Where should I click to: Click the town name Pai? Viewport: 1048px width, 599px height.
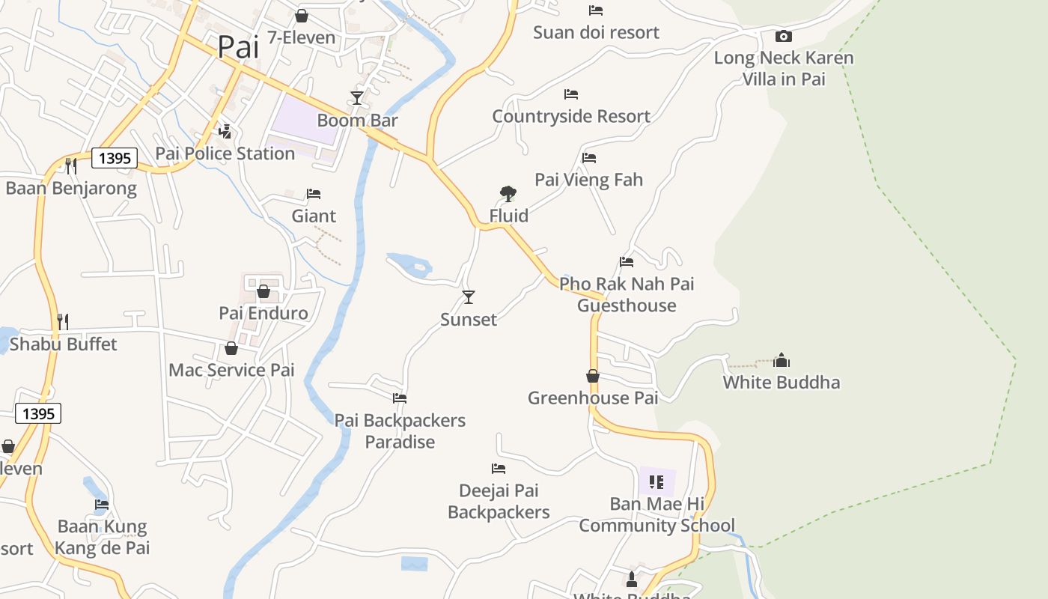(x=238, y=47)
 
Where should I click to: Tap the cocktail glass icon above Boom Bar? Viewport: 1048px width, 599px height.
(x=357, y=98)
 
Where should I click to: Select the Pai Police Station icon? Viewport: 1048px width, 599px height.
(x=225, y=133)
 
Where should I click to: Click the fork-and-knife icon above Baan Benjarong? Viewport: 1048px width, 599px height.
(x=71, y=165)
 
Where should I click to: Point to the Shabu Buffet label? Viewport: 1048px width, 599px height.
(x=64, y=344)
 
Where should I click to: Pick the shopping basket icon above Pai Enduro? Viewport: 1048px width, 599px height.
(x=263, y=291)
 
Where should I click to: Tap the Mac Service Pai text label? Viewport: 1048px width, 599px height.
(x=231, y=370)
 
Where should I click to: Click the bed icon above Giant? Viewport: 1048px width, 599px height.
(x=314, y=194)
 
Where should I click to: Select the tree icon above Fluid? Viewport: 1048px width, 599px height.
(x=508, y=194)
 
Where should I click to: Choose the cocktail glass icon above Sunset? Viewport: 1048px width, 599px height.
(x=469, y=297)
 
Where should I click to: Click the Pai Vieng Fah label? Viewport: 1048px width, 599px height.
(x=588, y=180)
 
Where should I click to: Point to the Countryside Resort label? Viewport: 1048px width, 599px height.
(x=571, y=117)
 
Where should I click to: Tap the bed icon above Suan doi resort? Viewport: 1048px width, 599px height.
(x=596, y=10)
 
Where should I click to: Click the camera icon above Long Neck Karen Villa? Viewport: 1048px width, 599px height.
(x=783, y=36)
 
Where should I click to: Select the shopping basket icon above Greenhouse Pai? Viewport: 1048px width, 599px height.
(x=593, y=376)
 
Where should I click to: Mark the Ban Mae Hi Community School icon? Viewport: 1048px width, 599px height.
(x=656, y=482)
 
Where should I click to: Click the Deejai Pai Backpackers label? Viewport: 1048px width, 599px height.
(x=499, y=502)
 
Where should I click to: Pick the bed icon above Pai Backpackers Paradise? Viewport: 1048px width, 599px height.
(x=400, y=398)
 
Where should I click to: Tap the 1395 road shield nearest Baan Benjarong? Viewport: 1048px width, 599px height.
(x=115, y=158)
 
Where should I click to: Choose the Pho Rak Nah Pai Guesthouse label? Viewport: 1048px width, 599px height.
(x=627, y=295)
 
